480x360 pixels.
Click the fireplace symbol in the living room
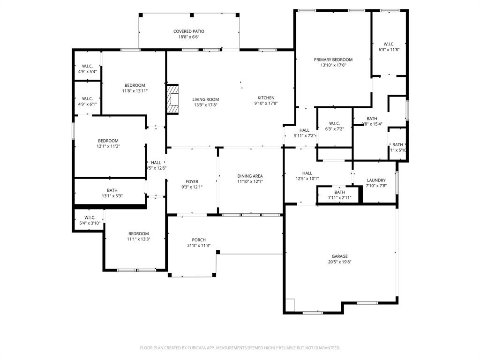pos(173,99)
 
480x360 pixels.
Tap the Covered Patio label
pos(189,31)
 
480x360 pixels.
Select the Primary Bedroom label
pos(333,60)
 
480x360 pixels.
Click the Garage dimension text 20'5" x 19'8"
pos(340,262)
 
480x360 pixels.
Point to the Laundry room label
pos(376,180)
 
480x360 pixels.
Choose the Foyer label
pos(192,181)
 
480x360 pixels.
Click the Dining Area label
pos(250,176)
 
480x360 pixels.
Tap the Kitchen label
pos(266,98)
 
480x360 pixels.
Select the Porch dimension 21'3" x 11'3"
pos(198,245)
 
